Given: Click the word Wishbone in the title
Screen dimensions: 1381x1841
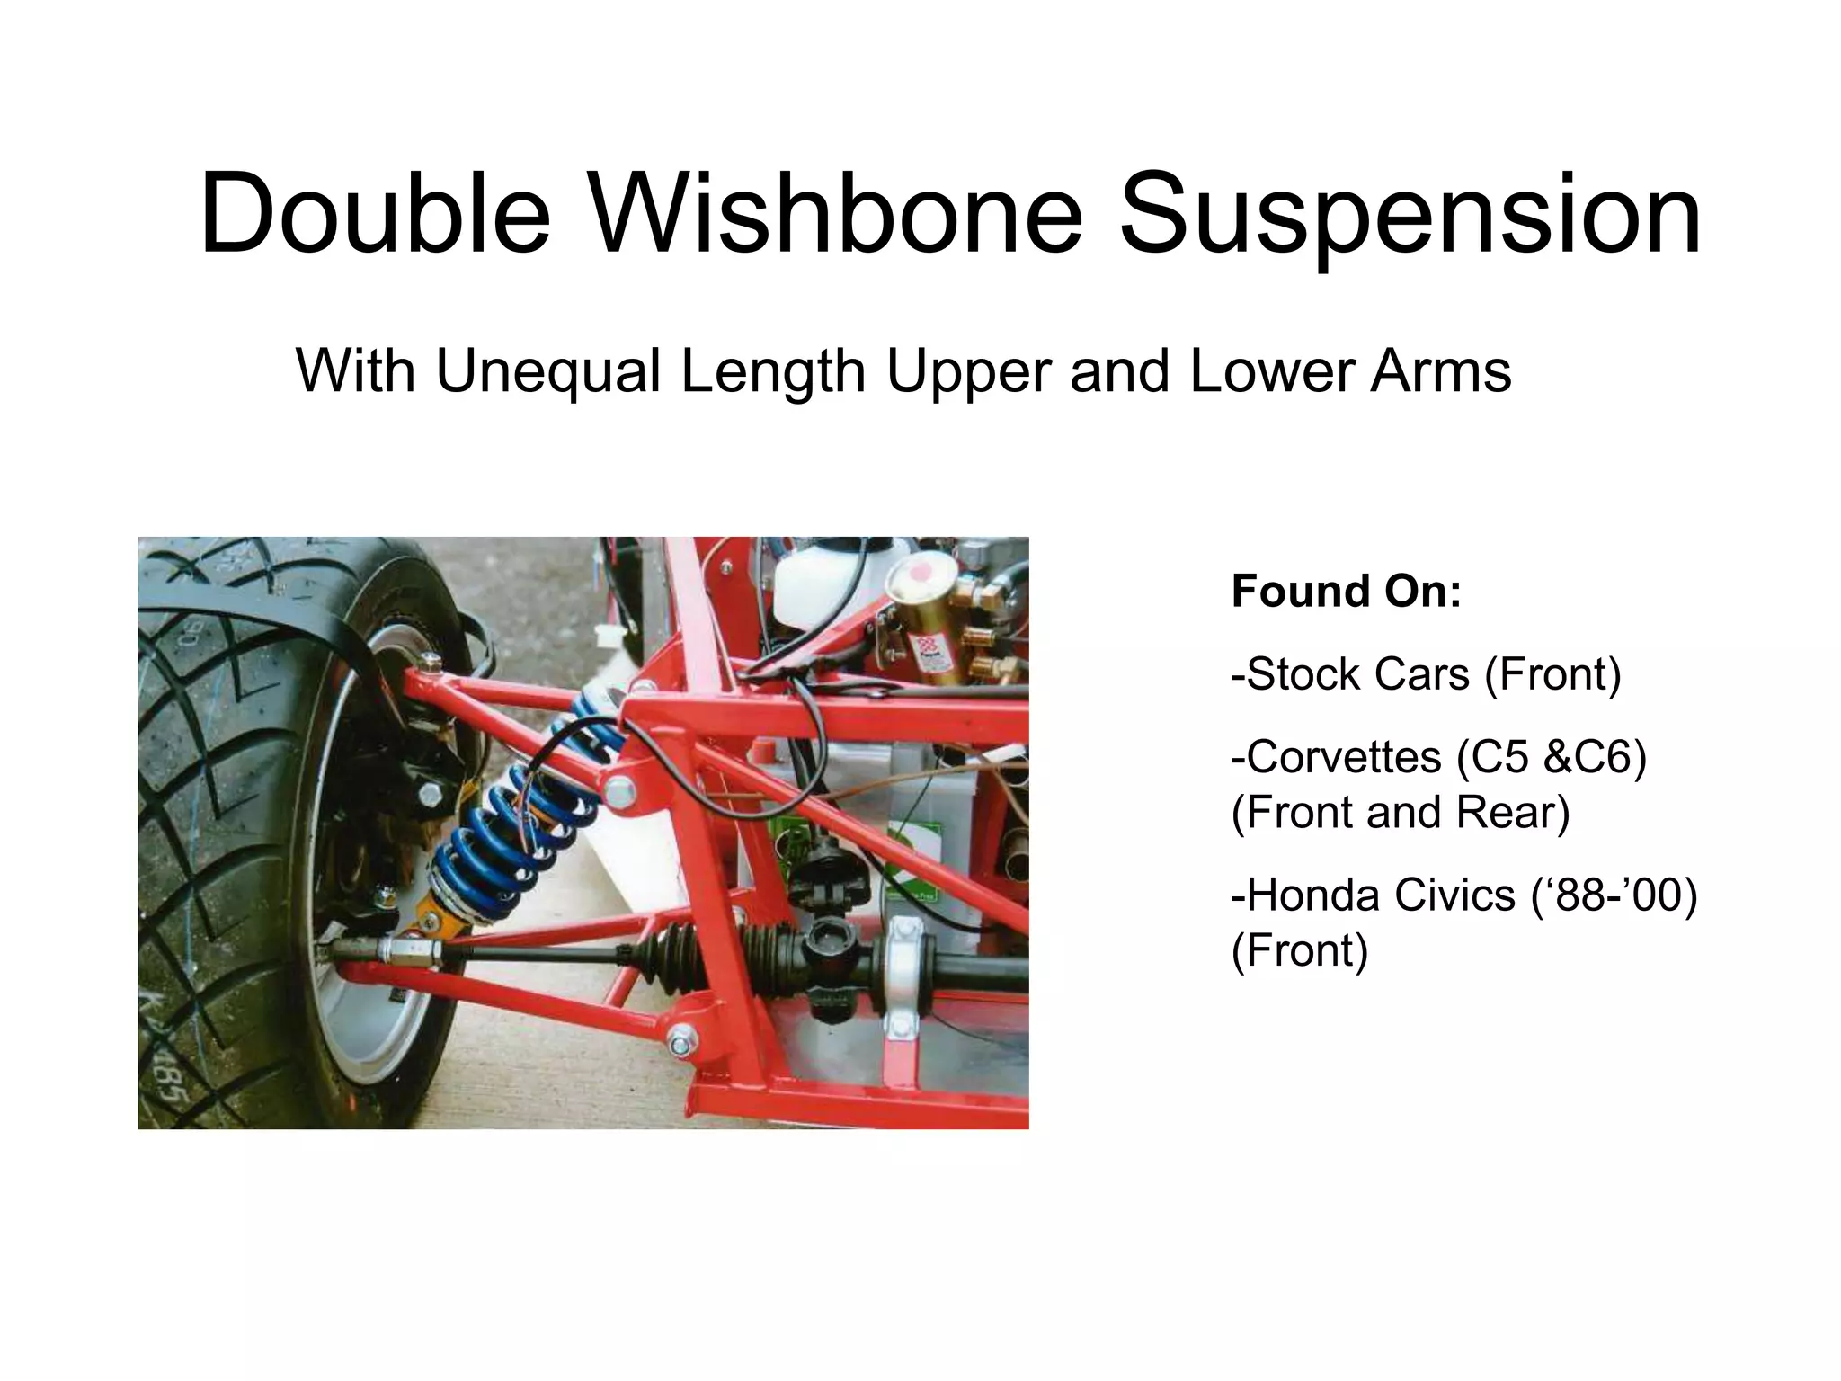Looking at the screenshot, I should pyautogui.click(x=835, y=216).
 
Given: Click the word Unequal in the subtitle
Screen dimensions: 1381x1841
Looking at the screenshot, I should pyautogui.click(x=547, y=370).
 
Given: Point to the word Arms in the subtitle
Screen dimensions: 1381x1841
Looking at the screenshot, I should pyautogui.click(x=1440, y=370).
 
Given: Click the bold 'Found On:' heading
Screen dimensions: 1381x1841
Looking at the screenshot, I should pyautogui.click(x=1346, y=592).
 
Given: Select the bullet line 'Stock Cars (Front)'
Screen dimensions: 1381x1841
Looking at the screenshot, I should pyautogui.click(x=1427, y=674).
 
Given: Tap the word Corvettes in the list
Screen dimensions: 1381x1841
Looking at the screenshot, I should pyautogui.click(x=1336, y=757).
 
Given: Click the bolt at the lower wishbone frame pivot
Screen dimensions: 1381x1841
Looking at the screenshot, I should pyautogui.click(x=680, y=1043).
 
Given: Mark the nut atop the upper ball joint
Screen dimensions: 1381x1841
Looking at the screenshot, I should pyautogui.click(x=431, y=664).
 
